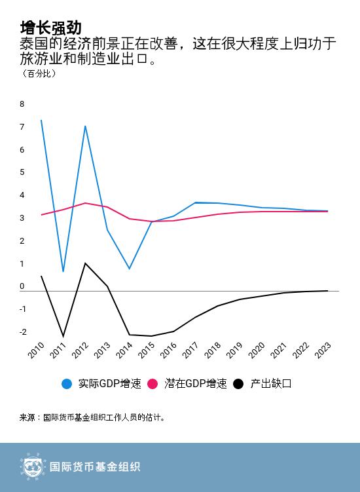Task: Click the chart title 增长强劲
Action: pos(50,28)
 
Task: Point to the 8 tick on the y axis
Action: pos(22,104)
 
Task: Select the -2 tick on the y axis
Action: pos(22,332)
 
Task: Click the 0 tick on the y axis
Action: pos(22,286)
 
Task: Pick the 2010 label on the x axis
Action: pos(36,350)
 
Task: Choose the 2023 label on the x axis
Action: pos(323,350)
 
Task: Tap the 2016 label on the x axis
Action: pos(168,350)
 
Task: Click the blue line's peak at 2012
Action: pos(85,126)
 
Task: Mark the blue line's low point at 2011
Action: pos(63,271)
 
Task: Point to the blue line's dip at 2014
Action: pos(129,269)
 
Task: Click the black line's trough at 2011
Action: pos(63,336)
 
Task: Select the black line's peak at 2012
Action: pos(85,263)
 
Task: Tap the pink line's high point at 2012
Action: pos(85,203)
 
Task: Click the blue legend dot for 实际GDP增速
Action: pos(67,384)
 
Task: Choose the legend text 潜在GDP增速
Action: pos(196,384)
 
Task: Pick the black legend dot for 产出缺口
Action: pos(238,384)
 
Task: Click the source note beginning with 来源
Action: pos(92,417)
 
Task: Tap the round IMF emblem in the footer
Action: pos(31,467)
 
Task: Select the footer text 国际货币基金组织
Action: pos(95,467)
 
